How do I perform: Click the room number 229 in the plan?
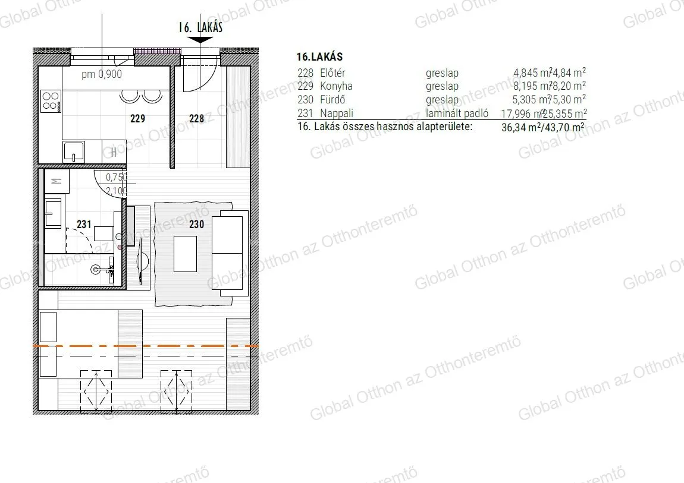pos(137,119)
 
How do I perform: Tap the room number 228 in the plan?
pos(196,119)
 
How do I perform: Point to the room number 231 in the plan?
pos(84,224)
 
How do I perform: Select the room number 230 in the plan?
pos(196,224)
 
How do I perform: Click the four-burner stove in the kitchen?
pos(51,100)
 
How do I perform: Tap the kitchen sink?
pos(74,151)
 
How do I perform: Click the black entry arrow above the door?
pos(203,40)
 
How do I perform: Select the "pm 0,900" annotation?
pos(102,75)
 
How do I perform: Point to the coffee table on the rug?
pos(184,254)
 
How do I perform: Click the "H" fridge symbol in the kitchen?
pos(114,152)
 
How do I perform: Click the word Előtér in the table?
pos(332,73)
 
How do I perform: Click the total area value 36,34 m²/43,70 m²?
pos(543,127)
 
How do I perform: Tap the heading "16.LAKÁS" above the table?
pos(319,57)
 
